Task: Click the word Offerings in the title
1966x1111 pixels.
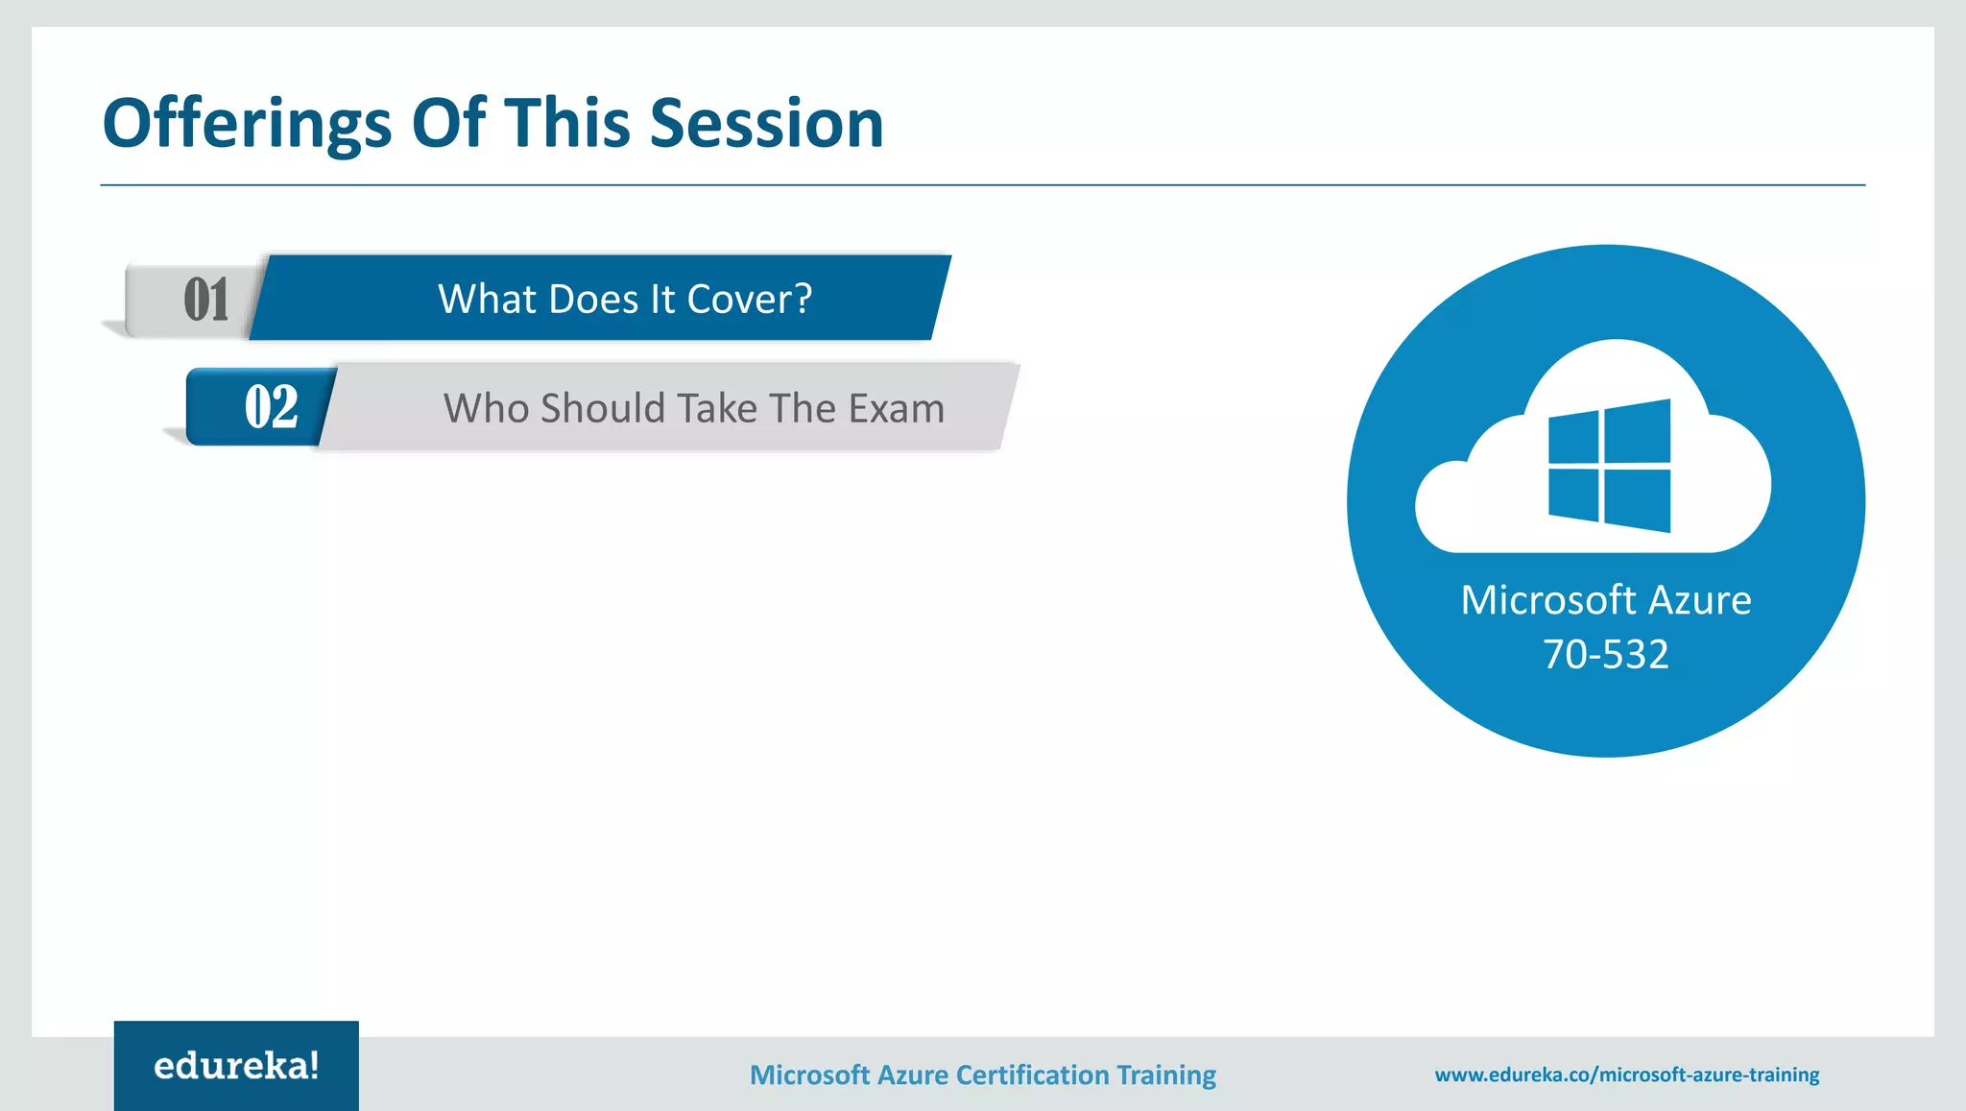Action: (x=247, y=125)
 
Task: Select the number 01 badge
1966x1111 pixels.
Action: (x=205, y=300)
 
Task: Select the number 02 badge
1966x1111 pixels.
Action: (x=270, y=407)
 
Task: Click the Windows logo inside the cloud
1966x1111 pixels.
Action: (x=1609, y=466)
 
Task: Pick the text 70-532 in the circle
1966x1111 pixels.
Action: (x=1605, y=654)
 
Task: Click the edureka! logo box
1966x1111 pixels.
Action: (x=236, y=1066)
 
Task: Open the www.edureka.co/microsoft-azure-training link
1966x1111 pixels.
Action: (x=1626, y=1075)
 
